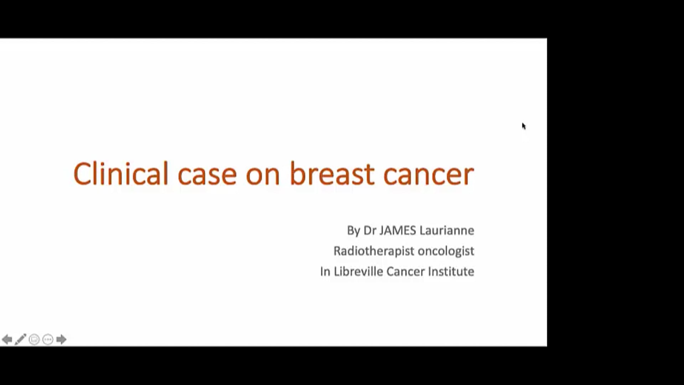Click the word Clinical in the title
pos(120,174)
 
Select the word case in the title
pos(207,174)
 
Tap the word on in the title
pos(263,174)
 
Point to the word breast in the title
pos(332,174)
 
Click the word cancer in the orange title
pos(429,174)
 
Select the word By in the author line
pos(353,231)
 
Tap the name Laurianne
pos(447,230)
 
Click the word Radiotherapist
pos(374,251)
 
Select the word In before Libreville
pos(325,272)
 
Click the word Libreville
pos(358,272)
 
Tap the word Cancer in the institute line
pos(405,272)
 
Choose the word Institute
pos(451,272)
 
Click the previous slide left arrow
pos(7,339)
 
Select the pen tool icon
pos(20,339)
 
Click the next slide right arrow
pos(61,339)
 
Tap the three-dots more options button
pos(48,339)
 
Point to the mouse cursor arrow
pos(524,126)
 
